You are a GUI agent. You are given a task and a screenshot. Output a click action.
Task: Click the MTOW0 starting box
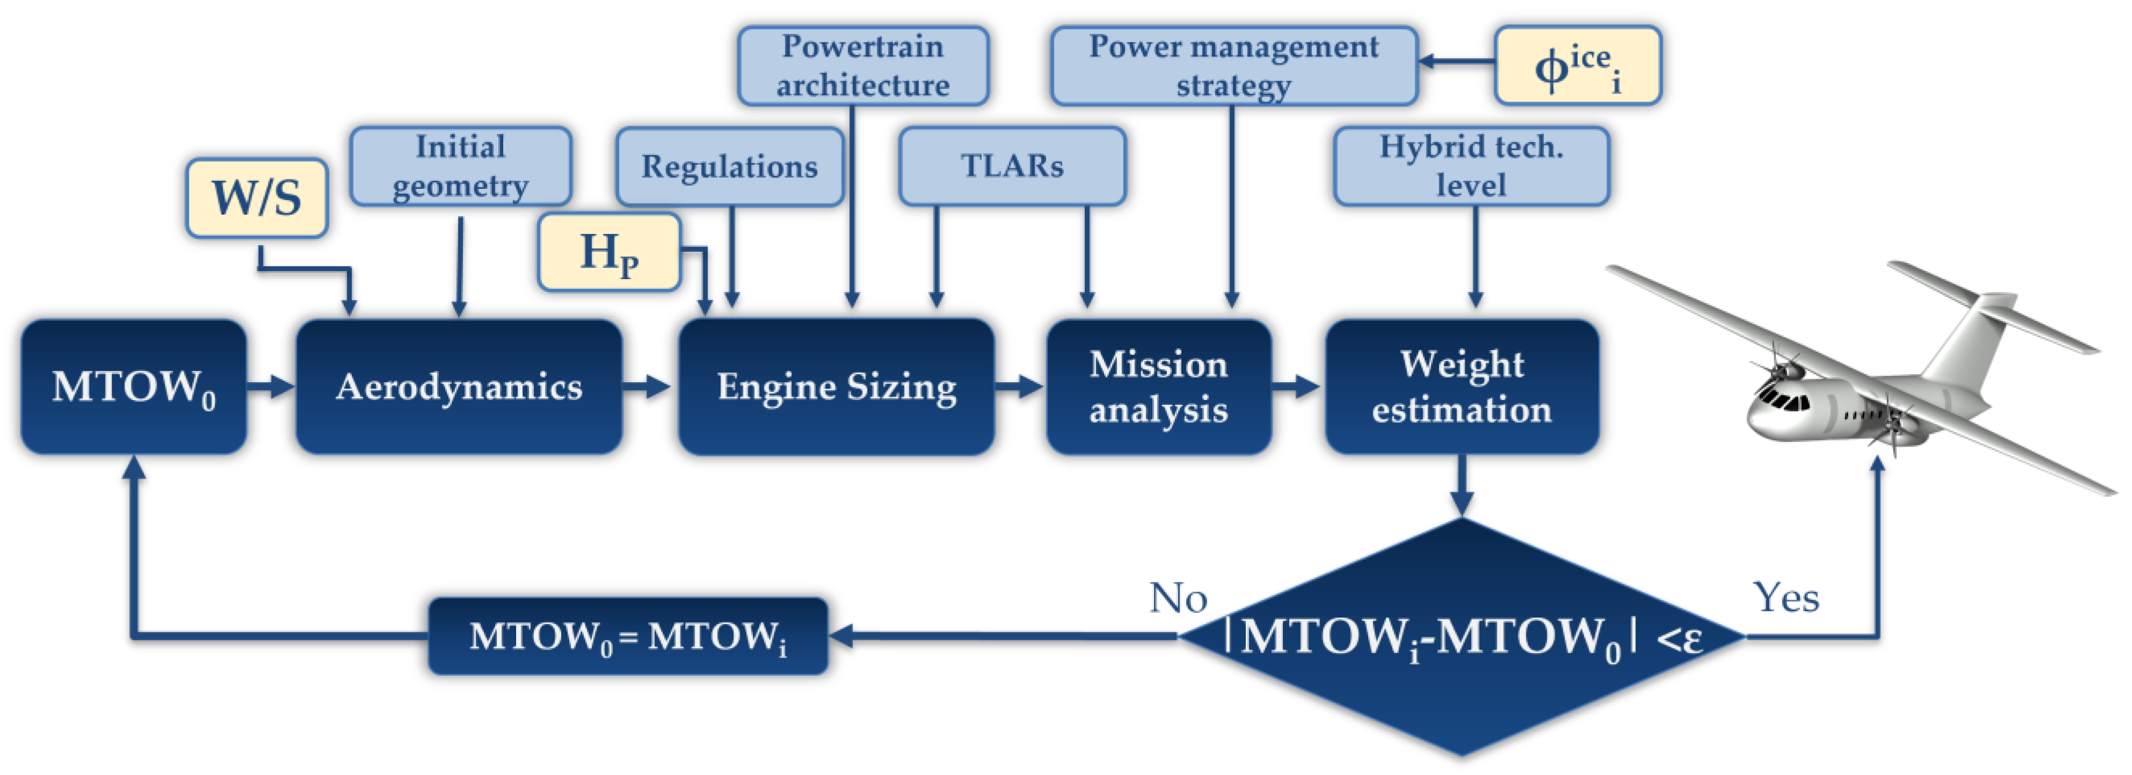click(133, 386)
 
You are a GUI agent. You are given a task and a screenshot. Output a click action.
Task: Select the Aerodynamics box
click(459, 386)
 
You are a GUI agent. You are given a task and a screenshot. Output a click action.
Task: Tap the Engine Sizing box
click(836, 386)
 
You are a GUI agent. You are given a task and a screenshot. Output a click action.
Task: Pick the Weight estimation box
click(1461, 386)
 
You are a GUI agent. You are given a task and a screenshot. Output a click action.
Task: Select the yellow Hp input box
click(609, 252)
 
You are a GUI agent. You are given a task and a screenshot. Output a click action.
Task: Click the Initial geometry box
click(460, 166)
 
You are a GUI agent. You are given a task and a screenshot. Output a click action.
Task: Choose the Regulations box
click(729, 166)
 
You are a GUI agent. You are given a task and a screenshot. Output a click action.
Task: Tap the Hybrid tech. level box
click(1471, 166)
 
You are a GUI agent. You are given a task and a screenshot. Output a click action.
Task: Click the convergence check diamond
click(1461, 662)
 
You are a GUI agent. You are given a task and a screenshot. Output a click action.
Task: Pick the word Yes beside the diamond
click(1786, 598)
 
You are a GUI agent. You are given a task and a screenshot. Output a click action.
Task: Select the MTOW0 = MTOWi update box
click(627, 636)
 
